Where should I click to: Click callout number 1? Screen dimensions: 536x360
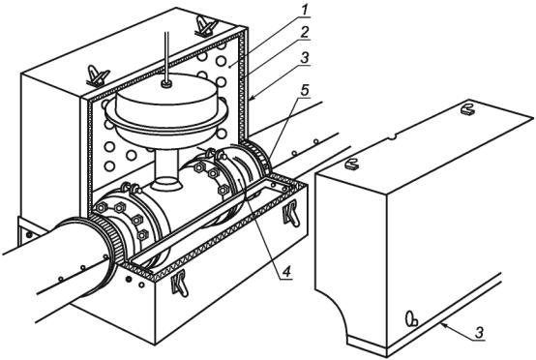(304, 11)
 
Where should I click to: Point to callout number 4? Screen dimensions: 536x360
(286, 272)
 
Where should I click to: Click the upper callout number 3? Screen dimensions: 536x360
(304, 57)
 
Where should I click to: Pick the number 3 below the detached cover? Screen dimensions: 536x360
(480, 332)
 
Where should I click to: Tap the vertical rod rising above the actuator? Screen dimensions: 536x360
(166, 56)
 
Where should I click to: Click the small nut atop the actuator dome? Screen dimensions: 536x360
(166, 84)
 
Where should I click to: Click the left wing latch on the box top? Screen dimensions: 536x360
(98, 75)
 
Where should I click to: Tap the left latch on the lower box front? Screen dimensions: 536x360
(180, 283)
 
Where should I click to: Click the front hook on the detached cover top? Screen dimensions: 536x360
(352, 165)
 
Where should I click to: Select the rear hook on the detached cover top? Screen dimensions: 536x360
(468, 109)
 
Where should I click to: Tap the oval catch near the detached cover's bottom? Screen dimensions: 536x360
(411, 318)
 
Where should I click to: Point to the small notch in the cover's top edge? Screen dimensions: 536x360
(393, 137)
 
